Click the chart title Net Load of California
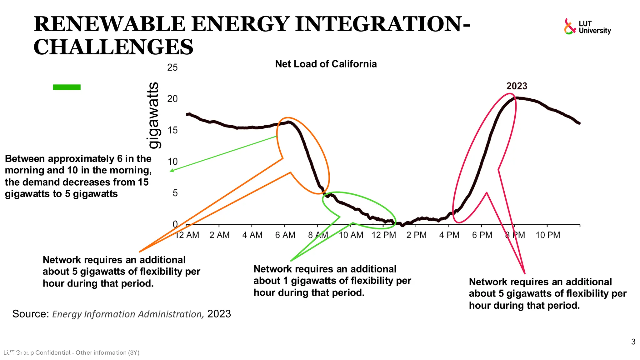(326, 64)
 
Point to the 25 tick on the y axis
(172, 67)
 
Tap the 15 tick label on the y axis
(172, 130)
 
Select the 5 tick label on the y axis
(175, 193)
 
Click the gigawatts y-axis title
(153, 116)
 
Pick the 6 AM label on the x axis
(285, 235)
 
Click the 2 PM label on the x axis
(416, 235)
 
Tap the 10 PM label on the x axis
(548, 235)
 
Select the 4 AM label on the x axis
(252, 235)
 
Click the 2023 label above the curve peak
(517, 86)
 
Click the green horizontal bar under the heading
(67, 87)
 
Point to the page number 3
(633, 342)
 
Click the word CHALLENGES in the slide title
(113, 47)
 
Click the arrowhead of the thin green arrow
(171, 171)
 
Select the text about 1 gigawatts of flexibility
(332, 281)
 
